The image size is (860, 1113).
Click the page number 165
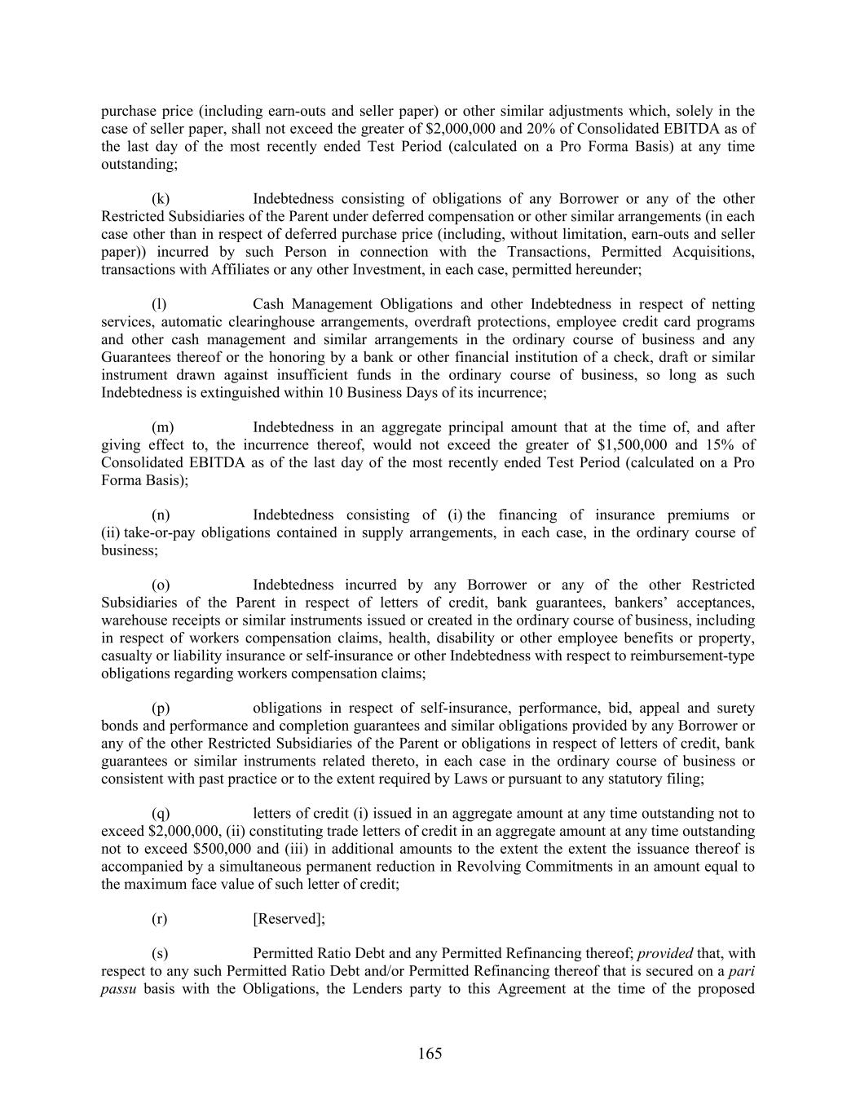coord(430,1053)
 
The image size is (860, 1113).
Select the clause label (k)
coord(161,199)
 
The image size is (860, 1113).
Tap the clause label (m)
coord(162,427)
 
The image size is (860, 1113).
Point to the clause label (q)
coord(161,814)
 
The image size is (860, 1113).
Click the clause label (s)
coord(161,953)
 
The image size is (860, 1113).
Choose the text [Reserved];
coord(289,919)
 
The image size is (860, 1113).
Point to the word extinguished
coord(232,392)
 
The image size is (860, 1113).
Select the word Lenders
coord(351,989)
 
